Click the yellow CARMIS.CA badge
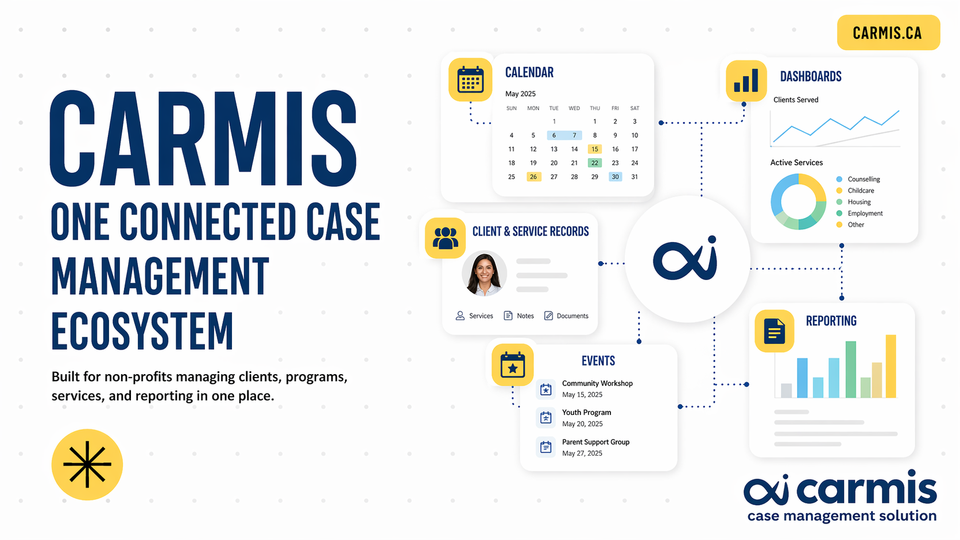pyautogui.click(x=888, y=33)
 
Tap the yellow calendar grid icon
pyautogui.click(x=470, y=80)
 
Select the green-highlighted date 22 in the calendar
pyautogui.click(x=594, y=163)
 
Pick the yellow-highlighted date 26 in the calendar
pyautogui.click(x=533, y=177)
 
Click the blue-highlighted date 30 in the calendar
pyautogui.click(x=615, y=177)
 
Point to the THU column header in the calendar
pyautogui.click(x=594, y=108)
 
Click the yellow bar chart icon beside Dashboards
pyautogui.click(x=746, y=80)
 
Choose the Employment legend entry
pyautogui.click(x=860, y=213)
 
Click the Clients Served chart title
pyautogui.click(x=796, y=100)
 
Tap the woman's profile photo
pyautogui.click(x=484, y=273)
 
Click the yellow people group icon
pyautogui.click(x=446, y=238)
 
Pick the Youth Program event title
pyautogui.click(x=587, y=413)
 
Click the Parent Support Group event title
pyautogui.click(x=596, y=442)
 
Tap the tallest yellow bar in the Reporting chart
pyautogui.click(x=891, y=366)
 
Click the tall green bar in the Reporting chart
pyautogui.click(x=851, y=370)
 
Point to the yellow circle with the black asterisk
pyautogui.click(x=87, y=465)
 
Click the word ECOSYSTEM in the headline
pyautogui.click(x=142, y=331)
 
